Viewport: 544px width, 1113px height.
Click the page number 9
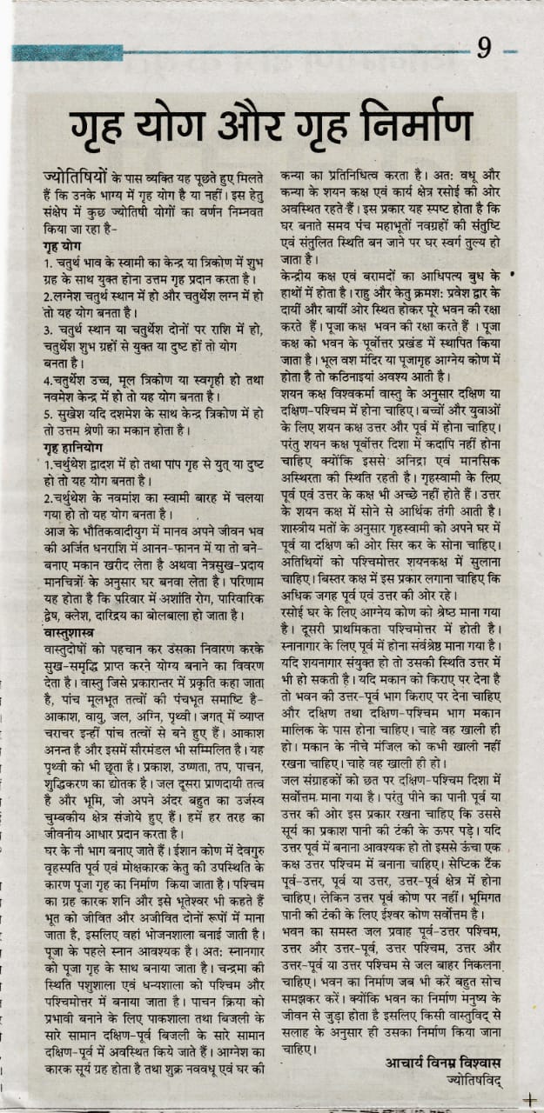pos(483,50)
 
